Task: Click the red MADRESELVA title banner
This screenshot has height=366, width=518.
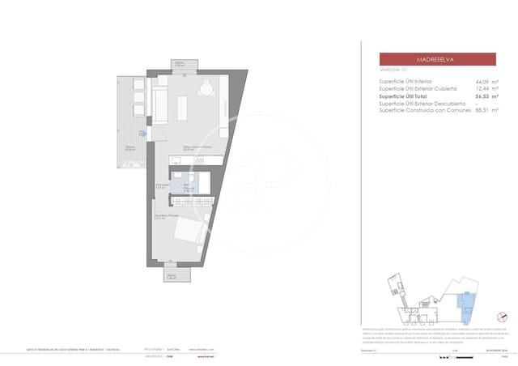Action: tap(438, 59)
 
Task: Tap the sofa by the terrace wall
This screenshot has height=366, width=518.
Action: tap(160, 106)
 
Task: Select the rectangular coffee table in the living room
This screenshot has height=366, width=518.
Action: tap(182, 108)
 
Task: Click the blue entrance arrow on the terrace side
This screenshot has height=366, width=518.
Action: tap(143, 134)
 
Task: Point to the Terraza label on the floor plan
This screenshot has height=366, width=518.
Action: tap(129, 147)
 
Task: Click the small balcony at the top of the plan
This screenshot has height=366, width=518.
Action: tap(180, 65)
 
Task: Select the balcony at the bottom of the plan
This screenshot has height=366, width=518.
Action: tap(171, 274)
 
